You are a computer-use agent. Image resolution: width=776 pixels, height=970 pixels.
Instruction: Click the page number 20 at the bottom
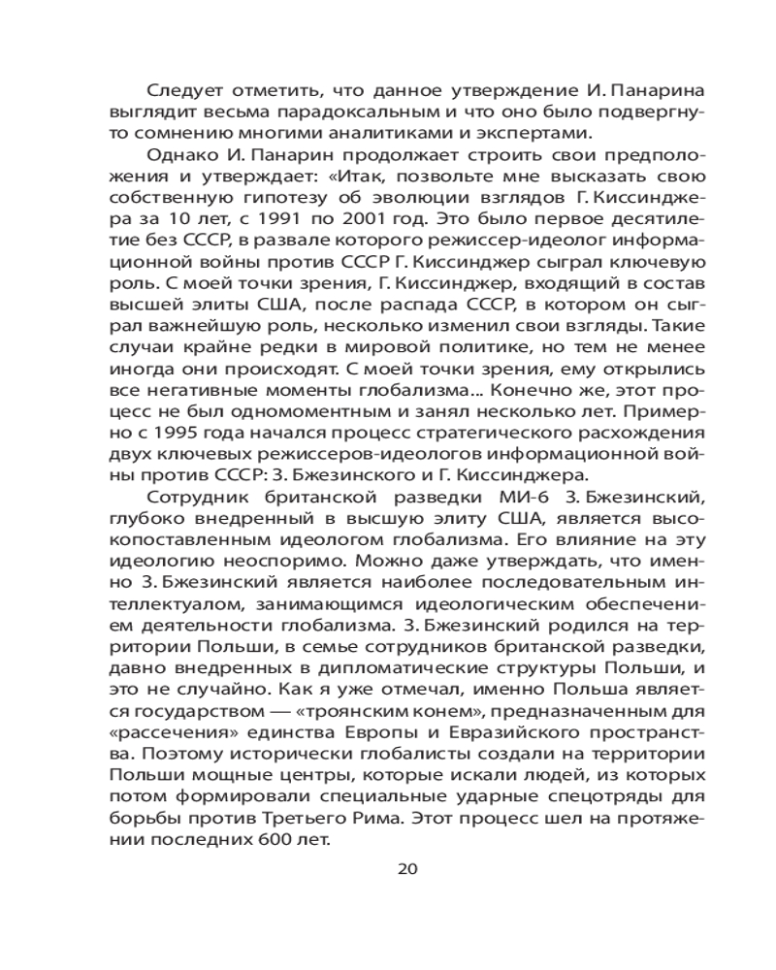[407, 868]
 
